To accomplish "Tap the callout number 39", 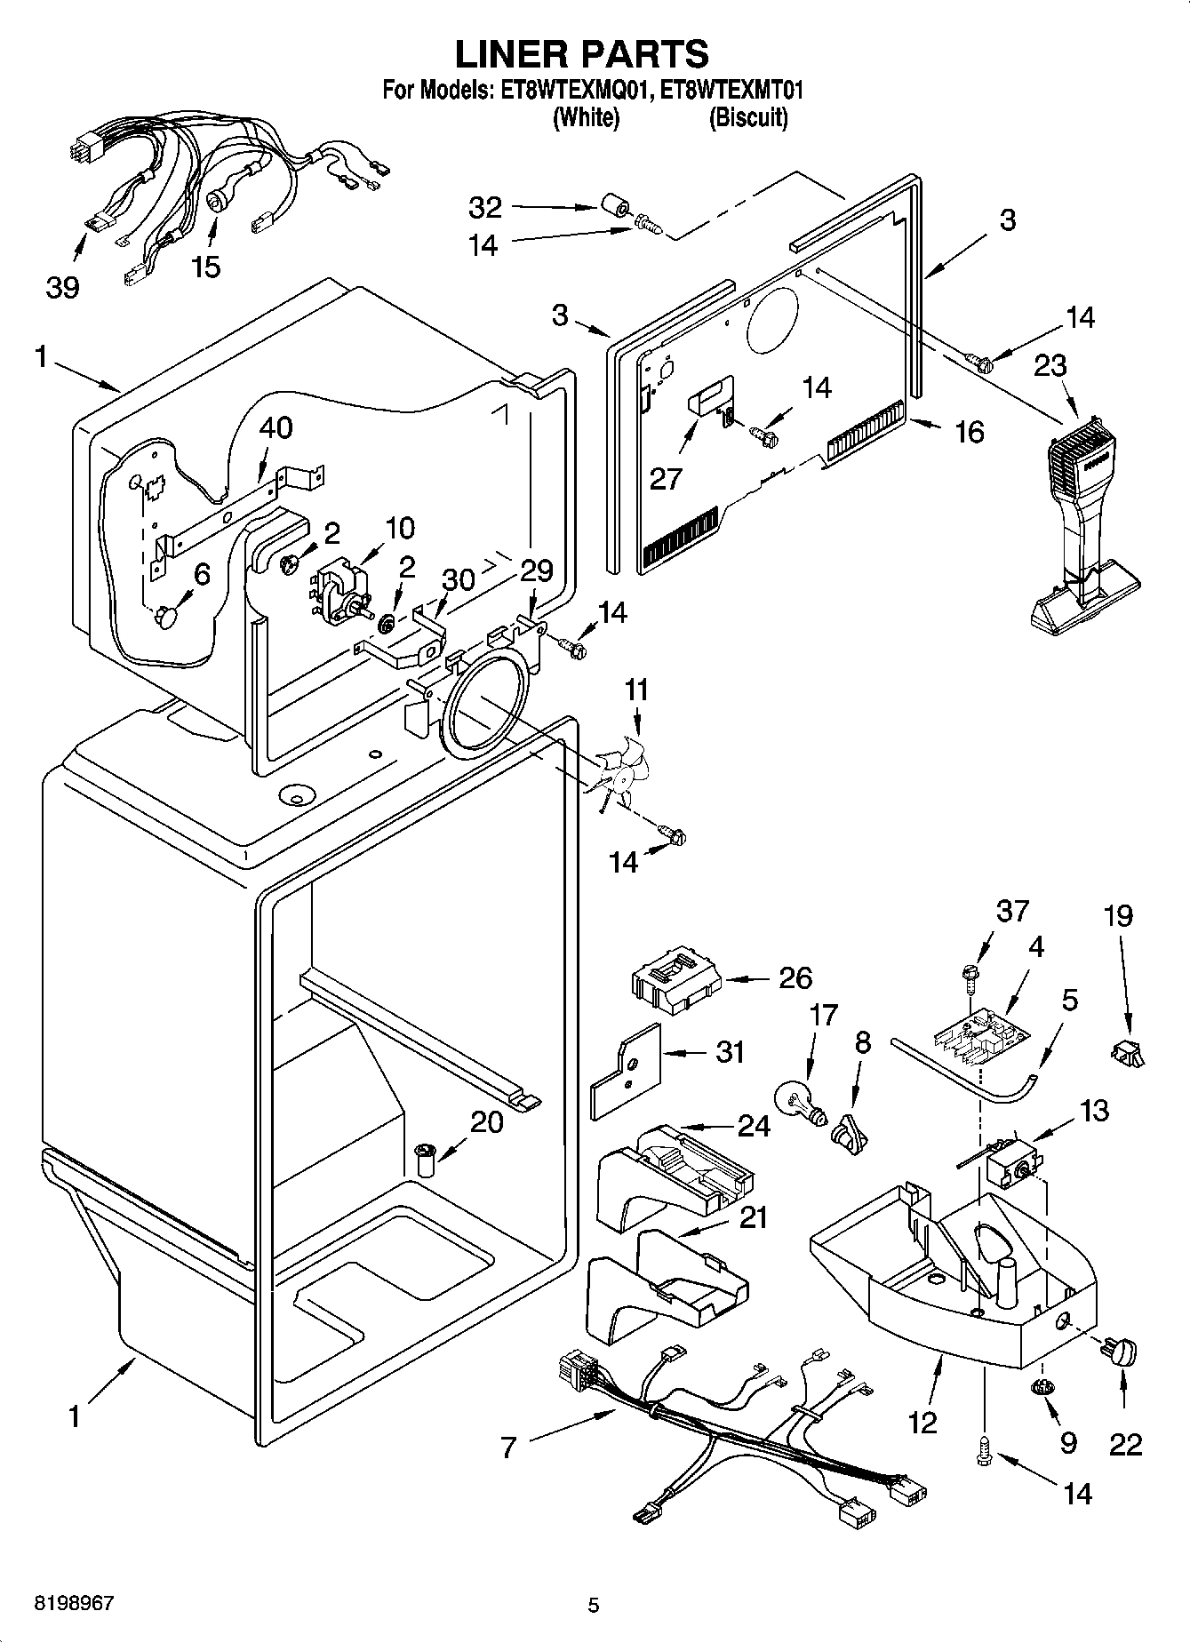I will coord(62,287).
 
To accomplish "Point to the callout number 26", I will coord(795,978).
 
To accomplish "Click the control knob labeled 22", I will coord(1122,1353).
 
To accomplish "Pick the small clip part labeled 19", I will coord(1127,1054).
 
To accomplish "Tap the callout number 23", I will coord(1050,365).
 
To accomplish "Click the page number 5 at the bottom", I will coord(593,1605).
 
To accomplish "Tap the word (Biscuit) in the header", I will coord(747,118).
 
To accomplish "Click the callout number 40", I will coord(276,427).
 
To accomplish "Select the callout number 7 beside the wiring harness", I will coord(507,1449).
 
